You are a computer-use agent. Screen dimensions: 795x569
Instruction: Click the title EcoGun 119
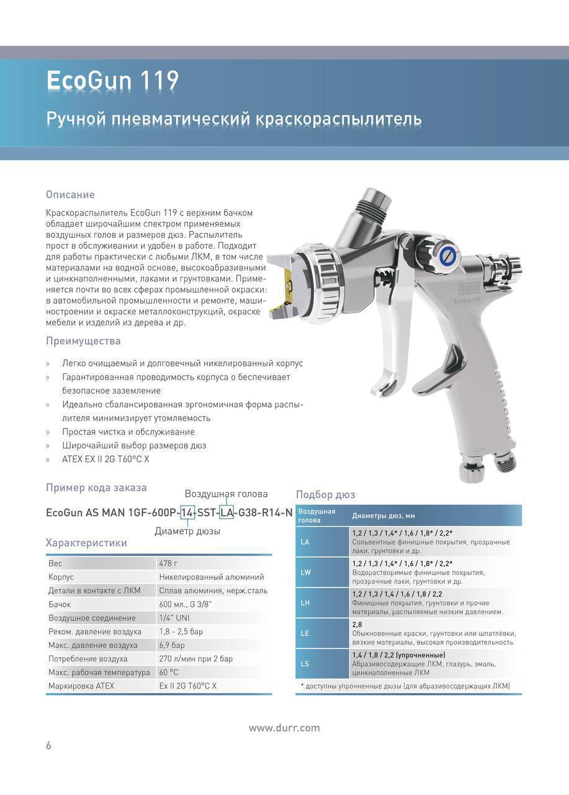pos(112,81)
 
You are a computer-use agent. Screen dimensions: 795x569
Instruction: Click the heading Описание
pos(70,194)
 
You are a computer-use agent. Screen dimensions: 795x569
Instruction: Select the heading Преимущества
pos(83,341)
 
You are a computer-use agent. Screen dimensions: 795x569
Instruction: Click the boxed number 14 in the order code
pos(187,513)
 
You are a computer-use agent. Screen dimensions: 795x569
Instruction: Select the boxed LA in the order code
pos(226,513)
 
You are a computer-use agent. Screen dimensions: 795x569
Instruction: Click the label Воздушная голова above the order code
pos(226,494)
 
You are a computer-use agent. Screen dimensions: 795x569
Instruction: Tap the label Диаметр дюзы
pos(187,531)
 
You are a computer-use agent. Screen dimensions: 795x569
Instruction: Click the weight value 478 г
pos(168,563)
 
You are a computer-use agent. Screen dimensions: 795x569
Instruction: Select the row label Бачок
pos(60,604)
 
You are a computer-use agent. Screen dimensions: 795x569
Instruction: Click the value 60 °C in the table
pos(169,673)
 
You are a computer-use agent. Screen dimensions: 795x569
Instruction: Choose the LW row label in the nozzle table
pos(305,573)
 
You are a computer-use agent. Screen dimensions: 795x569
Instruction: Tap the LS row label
pos(305,664)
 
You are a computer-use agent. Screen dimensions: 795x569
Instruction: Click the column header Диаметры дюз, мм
pos(383,516)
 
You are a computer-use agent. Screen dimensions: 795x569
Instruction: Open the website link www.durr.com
pos(284,728)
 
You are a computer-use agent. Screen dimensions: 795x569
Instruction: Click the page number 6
pos(48,745)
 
